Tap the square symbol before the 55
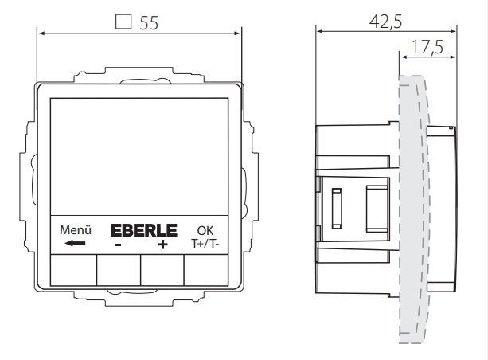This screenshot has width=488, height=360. coord(123,22)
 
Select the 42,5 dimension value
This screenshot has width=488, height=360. coord(385,22)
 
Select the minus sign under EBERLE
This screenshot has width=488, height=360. coord(117,245)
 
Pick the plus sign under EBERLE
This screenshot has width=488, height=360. coord(162,245)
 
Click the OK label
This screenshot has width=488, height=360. coord(205,231)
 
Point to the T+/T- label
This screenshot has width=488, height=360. coord(205,244)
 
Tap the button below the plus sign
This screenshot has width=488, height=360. coord(162,270)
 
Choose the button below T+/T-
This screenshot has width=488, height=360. coord(205,270)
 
